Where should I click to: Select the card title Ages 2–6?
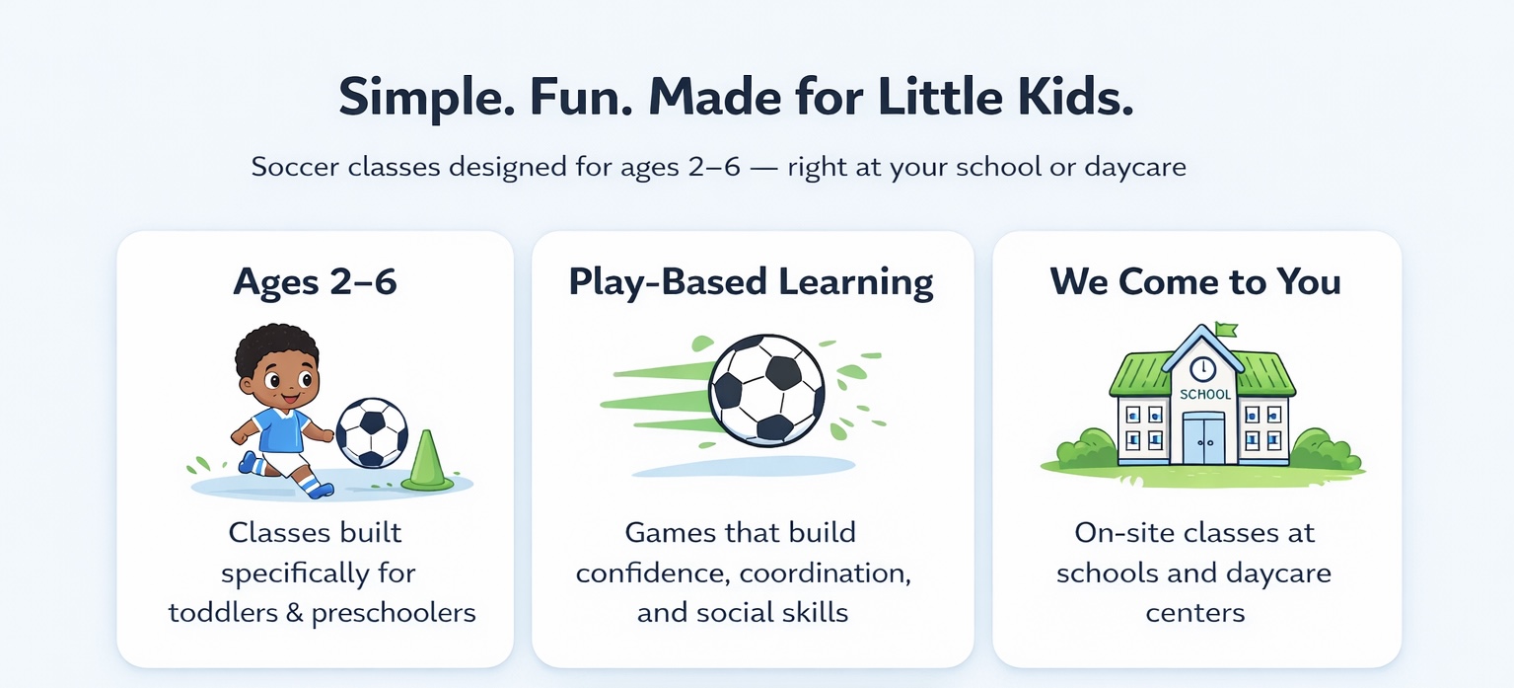(315, 282)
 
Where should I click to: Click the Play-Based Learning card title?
(751, 282)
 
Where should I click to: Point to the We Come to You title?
(1195, 281)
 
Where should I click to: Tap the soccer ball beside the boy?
(373, 433)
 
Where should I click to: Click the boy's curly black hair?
(276, 349)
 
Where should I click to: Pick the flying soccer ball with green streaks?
(766, 390)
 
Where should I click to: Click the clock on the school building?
(1202, 369)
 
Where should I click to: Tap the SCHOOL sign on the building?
(1205, 395)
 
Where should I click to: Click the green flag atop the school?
(1226, 330)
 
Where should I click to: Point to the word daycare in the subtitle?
(1135, 168)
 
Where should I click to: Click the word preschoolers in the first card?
(394, 614)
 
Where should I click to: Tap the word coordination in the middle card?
(826, 573)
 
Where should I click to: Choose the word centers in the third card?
(1195, 614)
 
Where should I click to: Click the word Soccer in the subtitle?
(295, 167)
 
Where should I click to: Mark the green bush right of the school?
(1326, 450)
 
